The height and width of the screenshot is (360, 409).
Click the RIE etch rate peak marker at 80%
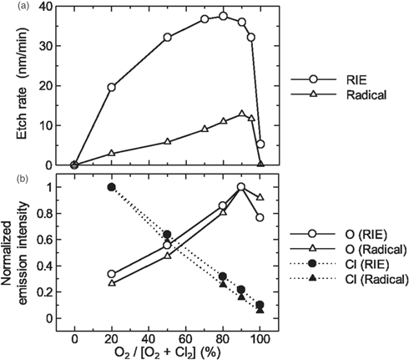223,16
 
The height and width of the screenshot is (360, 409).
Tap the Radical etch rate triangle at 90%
242,114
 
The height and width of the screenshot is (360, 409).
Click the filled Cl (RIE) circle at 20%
112,187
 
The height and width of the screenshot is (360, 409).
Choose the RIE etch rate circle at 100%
260,144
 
